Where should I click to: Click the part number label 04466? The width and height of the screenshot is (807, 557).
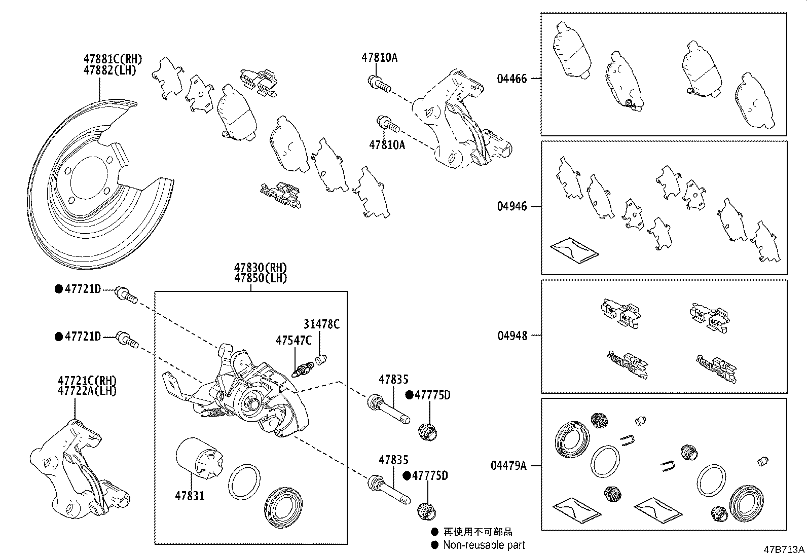click(511, 79)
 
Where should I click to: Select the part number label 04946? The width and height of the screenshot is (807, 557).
click(511, 206)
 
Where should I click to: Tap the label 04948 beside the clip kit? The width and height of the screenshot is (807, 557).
click(511, 336)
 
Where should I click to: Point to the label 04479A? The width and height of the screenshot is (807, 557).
click(508, 465)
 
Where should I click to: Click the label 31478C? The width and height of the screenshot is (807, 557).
click(321, 324)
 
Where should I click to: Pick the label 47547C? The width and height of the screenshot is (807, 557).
click(294, 340)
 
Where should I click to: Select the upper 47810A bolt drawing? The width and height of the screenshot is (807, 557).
click(379, 84)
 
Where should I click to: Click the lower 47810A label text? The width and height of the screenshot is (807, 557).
click(387, 145)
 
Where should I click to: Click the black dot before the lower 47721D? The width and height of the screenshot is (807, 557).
click(59, 337)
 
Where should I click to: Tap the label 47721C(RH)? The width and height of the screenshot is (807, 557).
click(87, 380)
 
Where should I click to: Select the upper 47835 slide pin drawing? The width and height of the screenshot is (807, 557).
click(388, 410)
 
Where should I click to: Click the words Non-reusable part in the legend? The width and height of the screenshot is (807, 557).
click(484, 545)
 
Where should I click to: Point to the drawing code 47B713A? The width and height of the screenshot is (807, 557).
click(784, 549)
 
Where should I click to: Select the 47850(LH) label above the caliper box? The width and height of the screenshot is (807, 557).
click(261, 278)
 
